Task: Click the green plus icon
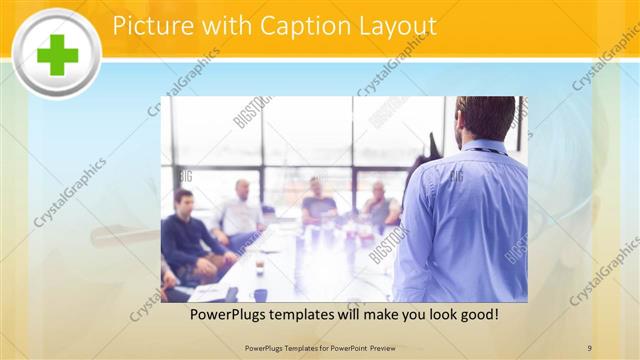click(56, 53)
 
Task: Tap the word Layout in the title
click(395, 25)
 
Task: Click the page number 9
click(590, 347)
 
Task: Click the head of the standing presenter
click(486, 118)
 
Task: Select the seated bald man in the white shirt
click(241, 210)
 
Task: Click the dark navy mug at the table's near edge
click(260, 295)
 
